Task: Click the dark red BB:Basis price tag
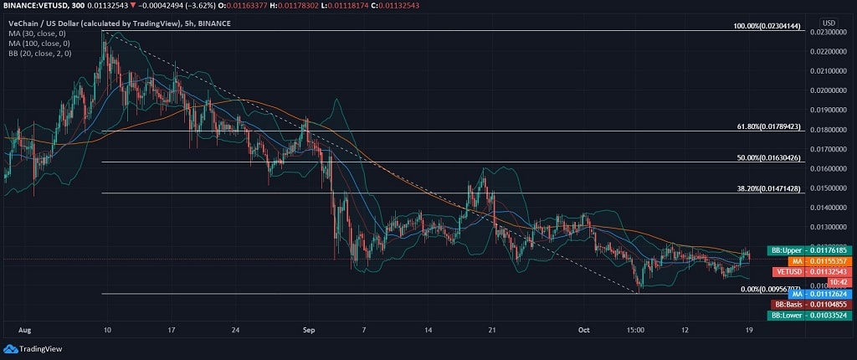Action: pyautogui.click(x=809, y=304)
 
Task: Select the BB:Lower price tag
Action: pyautogui.click(x=808, y=315)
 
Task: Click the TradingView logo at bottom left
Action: pyautogui.click(x=26, y=348)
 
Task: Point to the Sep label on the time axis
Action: pyautogui.click(x=307, y=330)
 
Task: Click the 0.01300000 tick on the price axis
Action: pyautogui.click(x=827, y=227)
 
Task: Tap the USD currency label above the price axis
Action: pyautogui.click(x=829, y=23)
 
